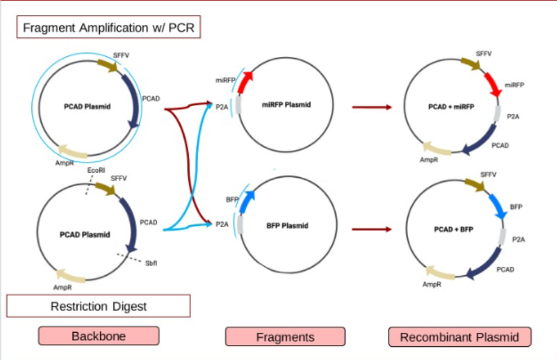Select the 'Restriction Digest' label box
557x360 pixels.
pyautogui.click(x=98, y=306)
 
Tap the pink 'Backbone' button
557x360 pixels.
pyautogui.click(x=98, y=336)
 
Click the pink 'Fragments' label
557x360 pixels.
pyautogui.click(x=285, y=337)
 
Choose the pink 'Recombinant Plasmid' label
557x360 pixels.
pyautogui.click(x=459, y=337)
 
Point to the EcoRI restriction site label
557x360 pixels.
pyautogui.click(x=96, y=170)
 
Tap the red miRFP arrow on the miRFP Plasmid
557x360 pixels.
pyautogui.click(x=245, y=82)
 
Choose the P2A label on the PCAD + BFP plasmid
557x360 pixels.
pyautogui.click(x=518, y=239)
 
